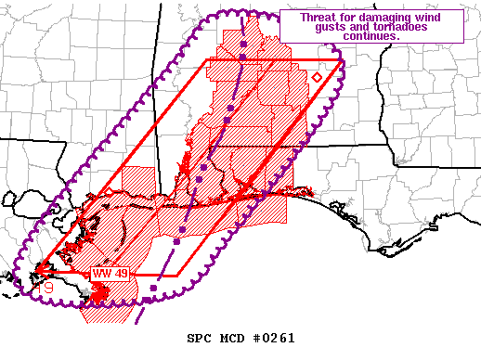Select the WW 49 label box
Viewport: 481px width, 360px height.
click(x=109, y=274)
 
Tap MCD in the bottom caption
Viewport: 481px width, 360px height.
click(x=232, y=338)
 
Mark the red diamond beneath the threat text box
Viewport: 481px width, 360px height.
click(x=317, y=78)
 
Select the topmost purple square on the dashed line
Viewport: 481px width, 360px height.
click(x=241, y=44)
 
